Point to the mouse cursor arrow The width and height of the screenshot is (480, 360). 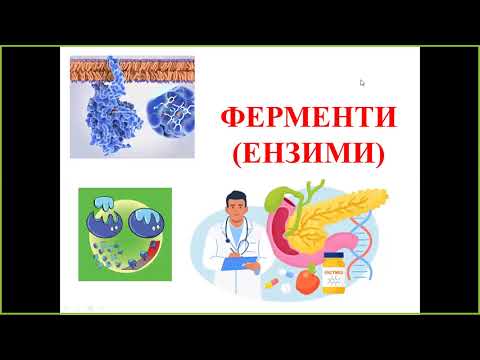[361, 82]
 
